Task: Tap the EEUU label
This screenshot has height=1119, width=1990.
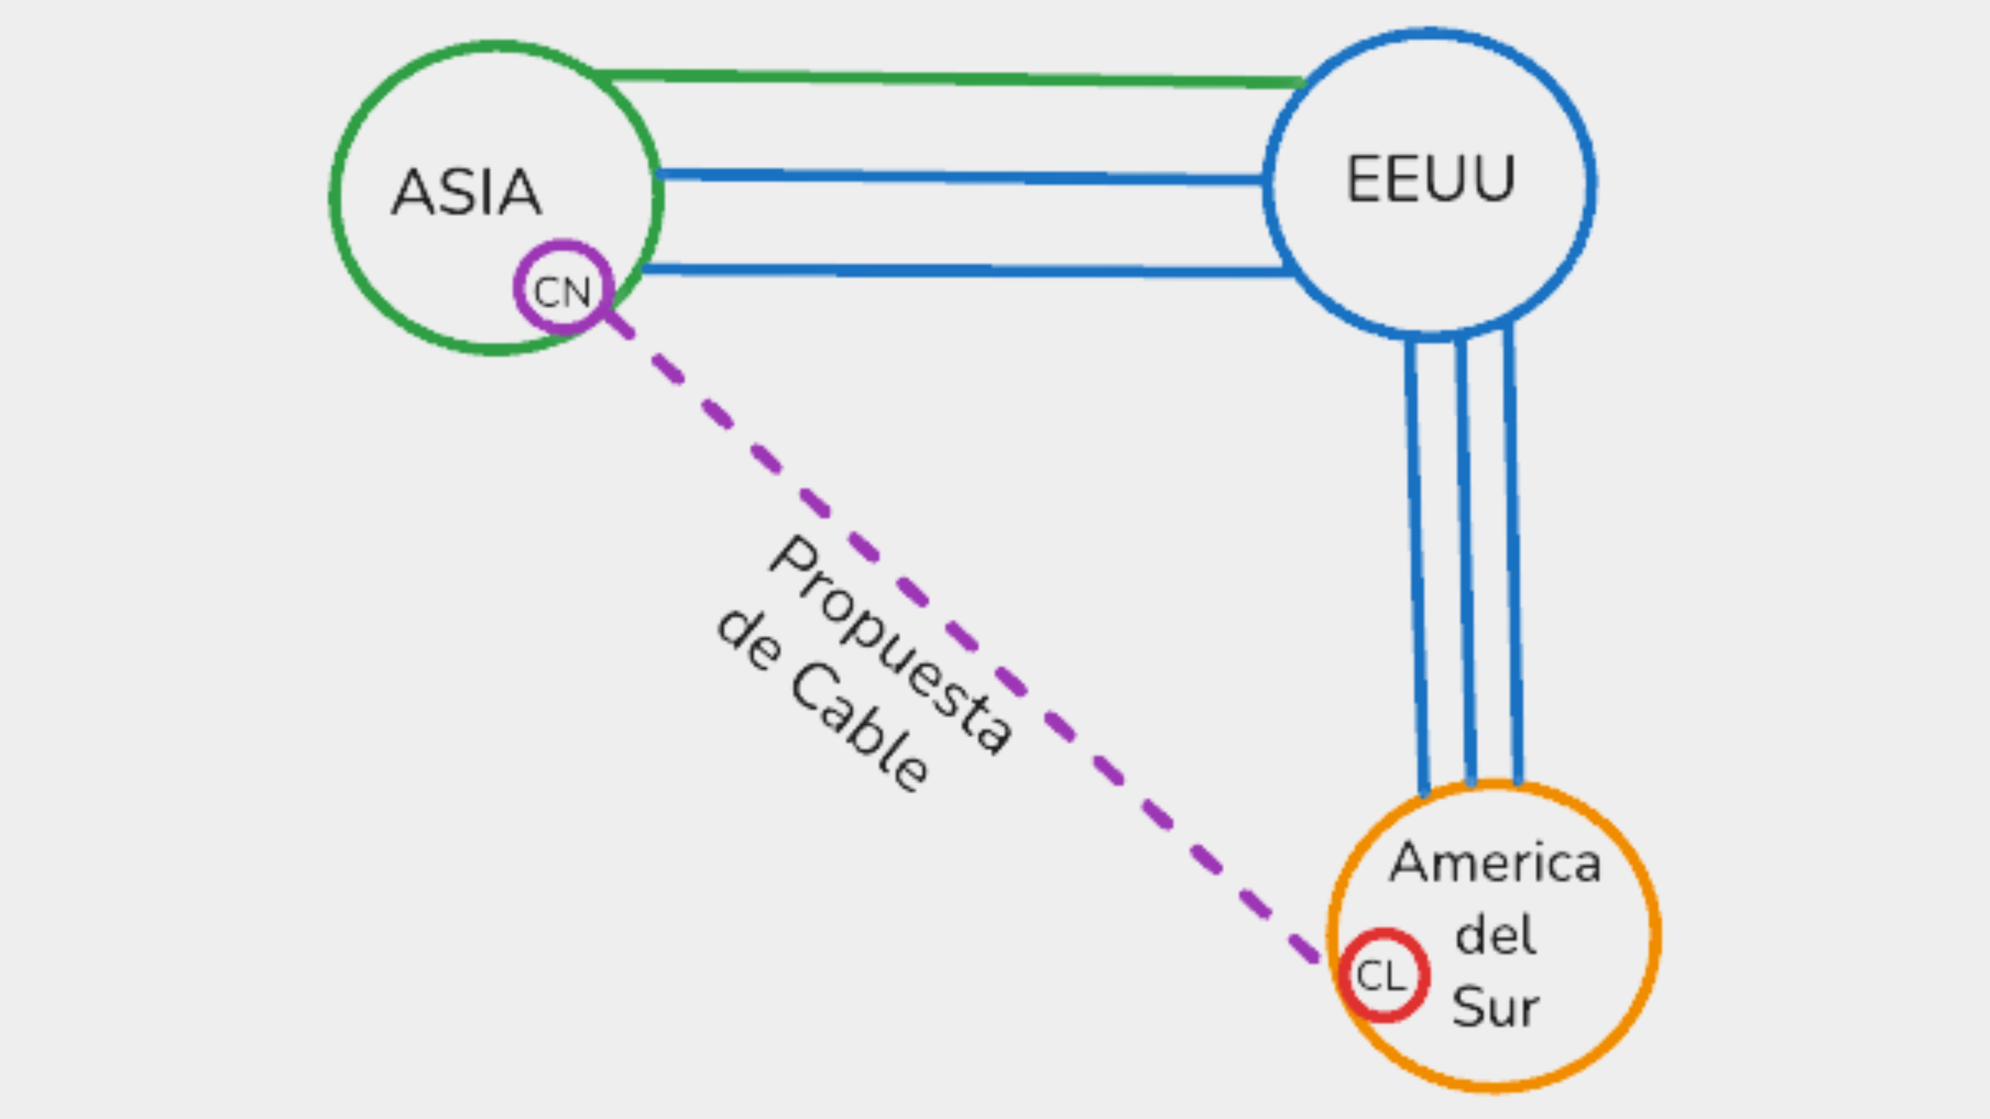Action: point(1431,179)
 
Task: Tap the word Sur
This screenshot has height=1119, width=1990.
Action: point(1496,1007)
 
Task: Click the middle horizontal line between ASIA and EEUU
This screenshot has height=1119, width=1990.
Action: point(958,177)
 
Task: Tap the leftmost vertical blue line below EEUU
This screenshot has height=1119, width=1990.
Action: point(1417,564)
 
